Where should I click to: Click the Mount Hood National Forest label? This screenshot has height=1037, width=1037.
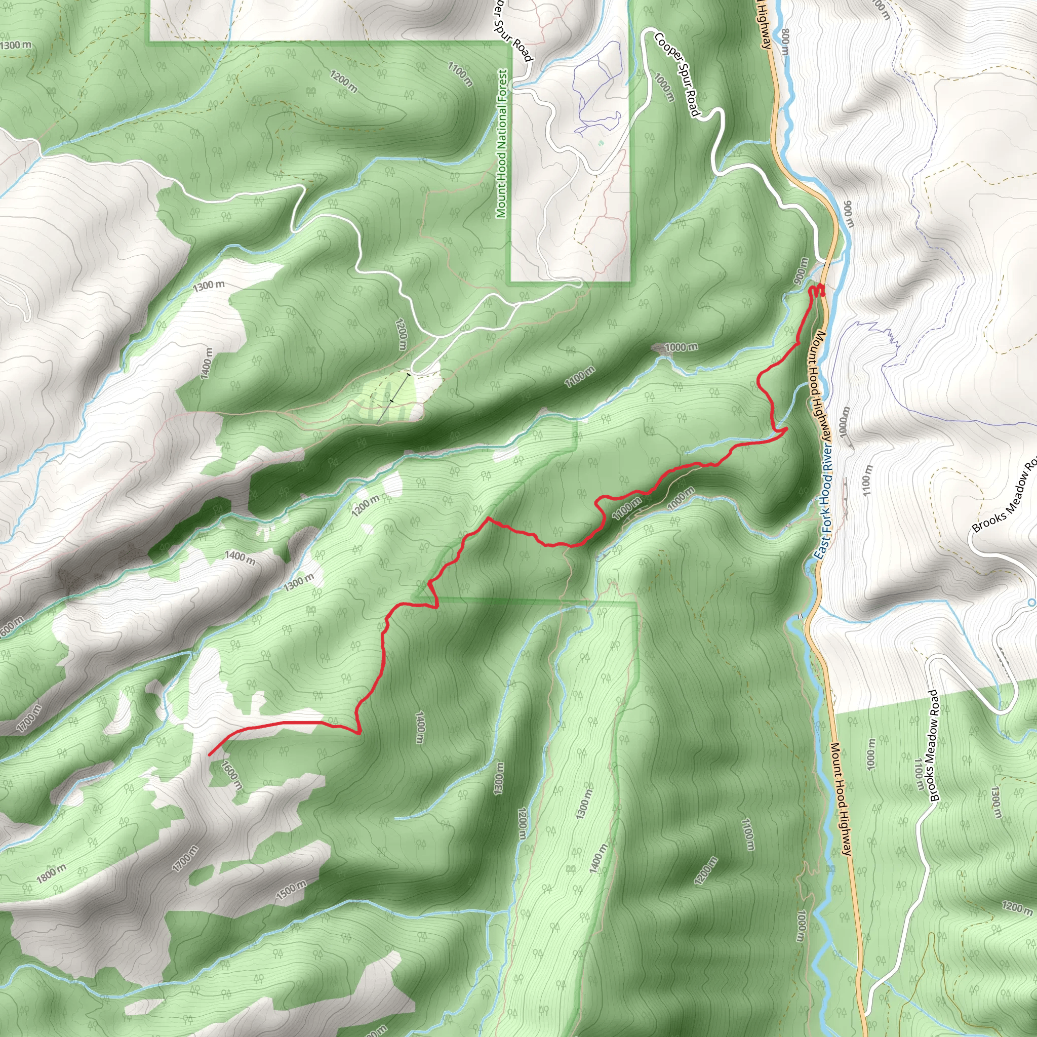[x=502, y=143]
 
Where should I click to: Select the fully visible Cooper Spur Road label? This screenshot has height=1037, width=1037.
[x=677, y=73]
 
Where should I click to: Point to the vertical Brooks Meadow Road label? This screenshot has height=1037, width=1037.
[x=935, y=745]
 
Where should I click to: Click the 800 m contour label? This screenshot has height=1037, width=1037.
[x=785, y=42]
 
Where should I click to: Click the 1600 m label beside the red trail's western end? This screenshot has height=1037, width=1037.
[x=232, y=775]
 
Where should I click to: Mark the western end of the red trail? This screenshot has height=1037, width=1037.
[x=209, y=754]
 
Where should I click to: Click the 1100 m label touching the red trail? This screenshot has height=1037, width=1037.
[x=626, y=507]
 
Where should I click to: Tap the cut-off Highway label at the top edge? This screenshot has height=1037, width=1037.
[x=764, y=24]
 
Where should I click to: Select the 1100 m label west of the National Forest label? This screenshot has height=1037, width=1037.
[x=461, y=73]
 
